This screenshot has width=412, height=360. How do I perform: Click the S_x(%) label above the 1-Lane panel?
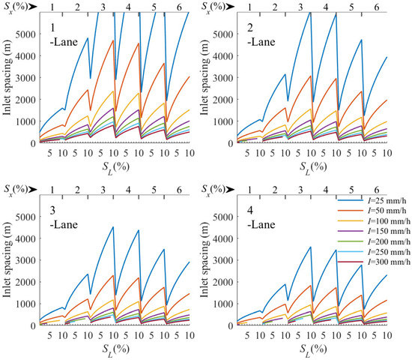(x=17, y=7)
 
